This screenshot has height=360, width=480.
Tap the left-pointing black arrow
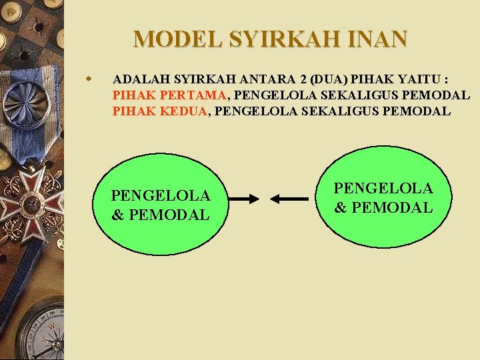(289, 199)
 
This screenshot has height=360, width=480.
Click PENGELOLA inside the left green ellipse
(161, 195)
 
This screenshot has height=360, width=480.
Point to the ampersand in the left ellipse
(117, 215)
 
